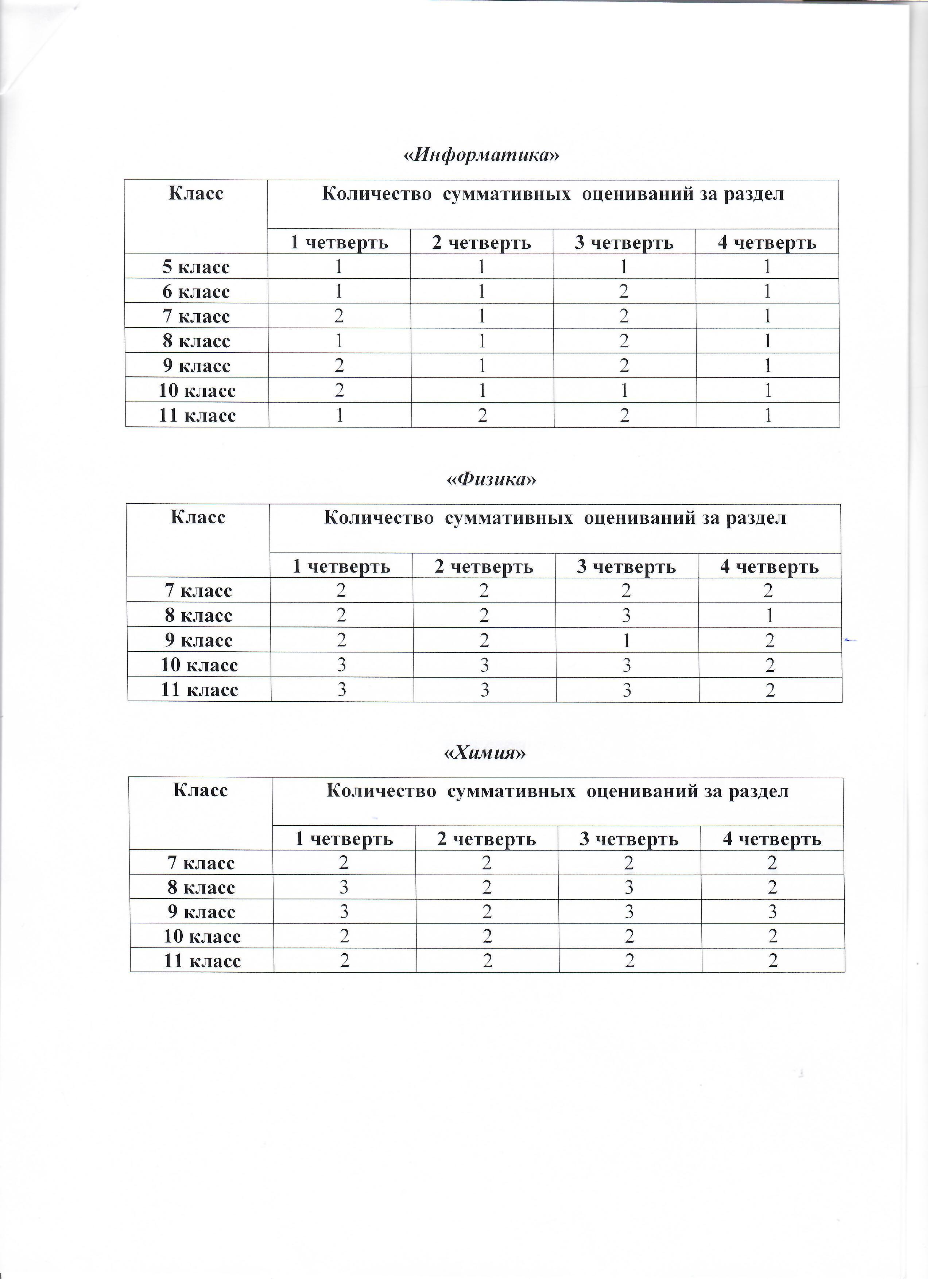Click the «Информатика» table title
(482, 155)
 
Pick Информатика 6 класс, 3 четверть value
(624, 291)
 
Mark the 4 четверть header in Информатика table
(767, 243)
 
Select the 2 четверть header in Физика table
(484, 566)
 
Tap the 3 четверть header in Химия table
(629, 839)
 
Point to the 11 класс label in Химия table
(202, 961)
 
